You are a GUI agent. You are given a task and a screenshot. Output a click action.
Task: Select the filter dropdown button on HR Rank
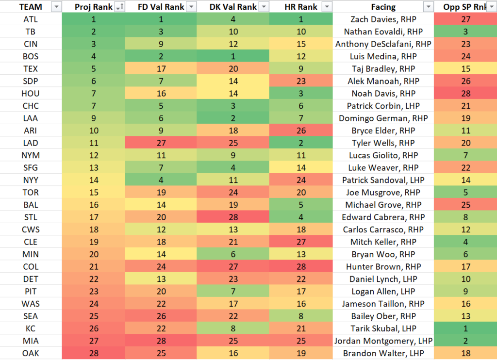[x=327, y=7]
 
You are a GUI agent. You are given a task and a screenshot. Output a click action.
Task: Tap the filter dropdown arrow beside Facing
[x=428, y=7]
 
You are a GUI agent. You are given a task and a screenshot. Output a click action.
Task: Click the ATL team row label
[x=31, y=19]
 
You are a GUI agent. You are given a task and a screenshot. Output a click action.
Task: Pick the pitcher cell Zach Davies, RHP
[x=383, y=19]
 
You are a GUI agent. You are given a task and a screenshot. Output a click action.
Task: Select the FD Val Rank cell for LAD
[x=161, y=143]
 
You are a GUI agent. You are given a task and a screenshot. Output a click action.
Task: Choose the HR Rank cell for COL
[x=300, y=267]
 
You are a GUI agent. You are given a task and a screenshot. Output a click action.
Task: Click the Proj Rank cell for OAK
[x=93, y=353]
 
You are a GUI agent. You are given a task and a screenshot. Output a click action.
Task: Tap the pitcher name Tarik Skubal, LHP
[x=383, y=328]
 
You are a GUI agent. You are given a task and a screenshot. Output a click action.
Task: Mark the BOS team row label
[x=31, y=56]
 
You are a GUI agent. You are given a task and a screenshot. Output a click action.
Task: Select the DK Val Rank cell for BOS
[x=232, y=56]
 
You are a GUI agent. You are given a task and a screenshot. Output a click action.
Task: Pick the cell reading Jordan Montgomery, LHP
[x=383, y=341]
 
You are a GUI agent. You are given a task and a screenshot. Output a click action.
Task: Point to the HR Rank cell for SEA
[x=300, y=316]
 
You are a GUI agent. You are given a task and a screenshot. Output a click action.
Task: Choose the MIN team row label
[x=31, y=255]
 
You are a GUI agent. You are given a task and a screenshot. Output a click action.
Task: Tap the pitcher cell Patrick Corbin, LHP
[x=383, y=106]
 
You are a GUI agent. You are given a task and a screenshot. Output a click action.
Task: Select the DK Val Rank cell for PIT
[x=232, y=292]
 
